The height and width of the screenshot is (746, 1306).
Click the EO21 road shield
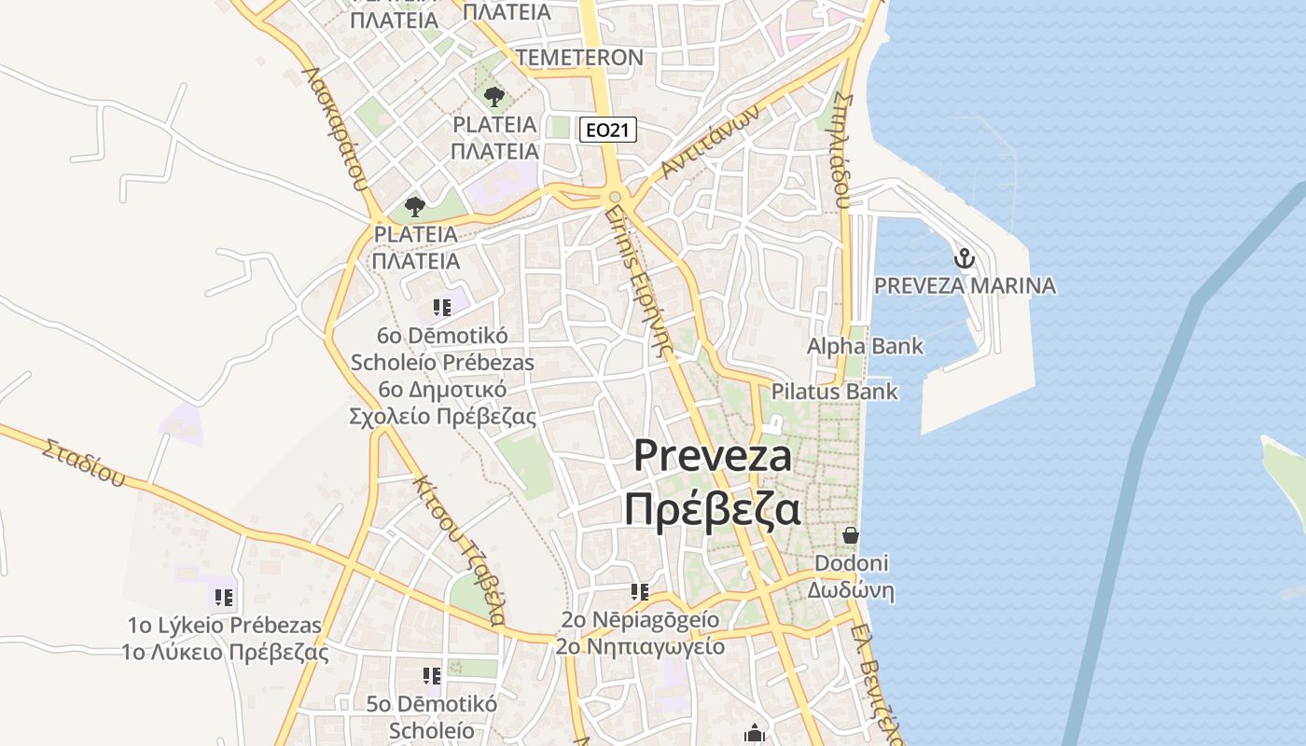pyautogui.click(x=607, y=130)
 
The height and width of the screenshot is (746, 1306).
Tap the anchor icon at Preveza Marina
pyautogui.click(x=964, y=257)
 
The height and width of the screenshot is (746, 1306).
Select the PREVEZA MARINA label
pyautogui.click(x=965, y=285)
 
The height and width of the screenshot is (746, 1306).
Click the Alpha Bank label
pyautogui.click(x=865, y=346)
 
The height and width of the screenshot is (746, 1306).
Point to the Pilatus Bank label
pyautogui.click(x=834, y=391)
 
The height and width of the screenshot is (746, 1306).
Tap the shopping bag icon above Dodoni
pyautogui.click(x=851, y=535)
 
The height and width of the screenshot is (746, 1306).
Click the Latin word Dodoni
pyautogui.click(x=851, y=563)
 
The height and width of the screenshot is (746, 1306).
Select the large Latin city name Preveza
pyautogui.click(x=714, y=456)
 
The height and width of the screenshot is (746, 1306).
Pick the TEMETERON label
pyautogui.click(x=579, y=57)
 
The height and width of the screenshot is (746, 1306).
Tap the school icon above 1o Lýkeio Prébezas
pyautogui.click(x=224, y=597)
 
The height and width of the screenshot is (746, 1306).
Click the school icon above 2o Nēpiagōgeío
pyautogui.click(x=640, y=591)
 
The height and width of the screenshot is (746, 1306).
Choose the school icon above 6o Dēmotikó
pyautogui.click(x=441, y=307)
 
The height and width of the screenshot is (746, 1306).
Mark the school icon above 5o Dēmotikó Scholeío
pyautogui.click(x=431, y=675)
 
